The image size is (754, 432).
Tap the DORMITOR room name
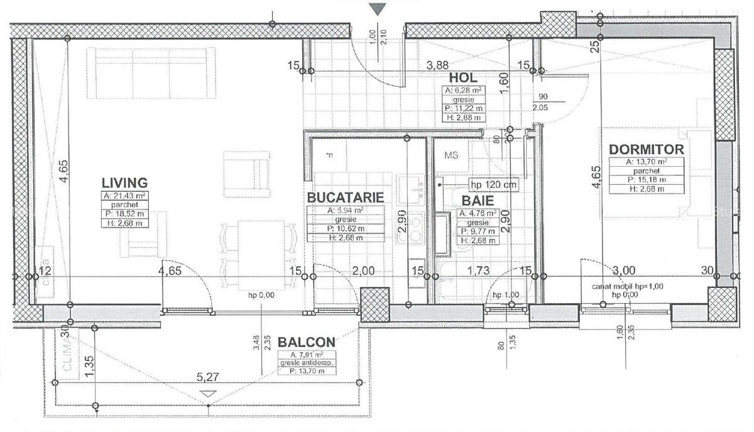(x=646, y=150)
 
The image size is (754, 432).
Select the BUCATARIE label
(x=345, y=197)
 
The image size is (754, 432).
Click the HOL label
(x=464, y=78)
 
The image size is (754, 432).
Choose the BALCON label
(x=307, y=342)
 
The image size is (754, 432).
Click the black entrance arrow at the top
(x=377, y=9)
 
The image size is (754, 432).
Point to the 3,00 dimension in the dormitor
(x=624, y=270)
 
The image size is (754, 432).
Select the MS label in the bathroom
(x=452, y=154)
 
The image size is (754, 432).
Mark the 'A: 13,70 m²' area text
(x=646, y=162)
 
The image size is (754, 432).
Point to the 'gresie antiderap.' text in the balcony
(x=306, y=363)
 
